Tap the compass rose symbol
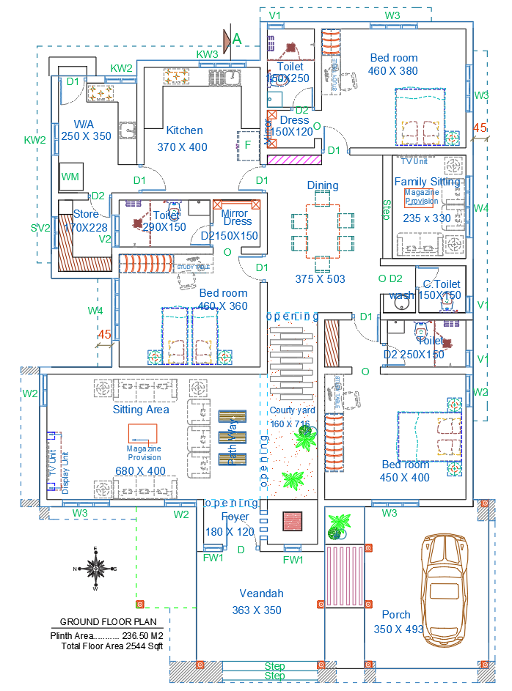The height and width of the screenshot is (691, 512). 95,568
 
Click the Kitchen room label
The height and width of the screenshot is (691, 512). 185,130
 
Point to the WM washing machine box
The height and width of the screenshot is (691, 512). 70,177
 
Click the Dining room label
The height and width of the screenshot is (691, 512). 323,185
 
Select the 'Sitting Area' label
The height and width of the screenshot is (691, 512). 141,410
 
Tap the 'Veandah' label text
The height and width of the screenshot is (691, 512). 261,594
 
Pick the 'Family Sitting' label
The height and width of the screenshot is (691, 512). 427,181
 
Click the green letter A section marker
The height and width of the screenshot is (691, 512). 236,38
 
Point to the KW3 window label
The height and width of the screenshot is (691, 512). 208,54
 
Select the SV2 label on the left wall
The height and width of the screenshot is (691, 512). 40,228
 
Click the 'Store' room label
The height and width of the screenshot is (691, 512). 86,214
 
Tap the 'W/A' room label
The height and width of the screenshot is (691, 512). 83,123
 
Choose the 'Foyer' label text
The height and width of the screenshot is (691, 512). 235,517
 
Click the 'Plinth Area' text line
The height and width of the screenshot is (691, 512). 106,636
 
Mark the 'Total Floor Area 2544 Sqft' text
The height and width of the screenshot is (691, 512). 111,646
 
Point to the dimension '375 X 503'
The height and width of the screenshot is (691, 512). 320,279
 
